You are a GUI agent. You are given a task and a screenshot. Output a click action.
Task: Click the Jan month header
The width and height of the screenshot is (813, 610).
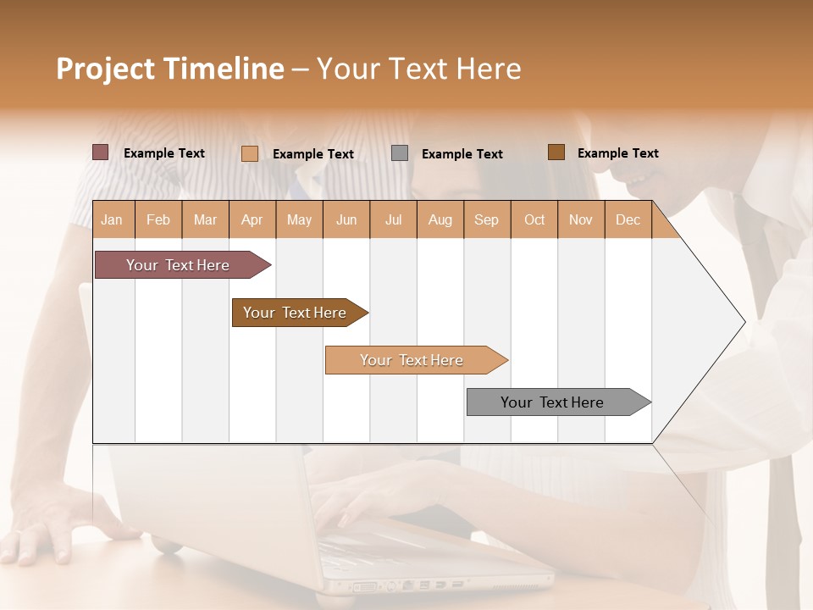click(113, 220)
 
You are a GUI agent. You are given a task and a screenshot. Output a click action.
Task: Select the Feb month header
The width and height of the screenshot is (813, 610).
click(158, 220)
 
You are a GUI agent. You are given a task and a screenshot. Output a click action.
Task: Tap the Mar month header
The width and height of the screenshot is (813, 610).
click(205, 220)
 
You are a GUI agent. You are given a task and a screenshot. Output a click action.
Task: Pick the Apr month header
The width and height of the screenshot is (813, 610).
click(252, 220)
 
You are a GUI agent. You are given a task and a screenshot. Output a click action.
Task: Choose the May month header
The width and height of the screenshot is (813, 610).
click(299, 220)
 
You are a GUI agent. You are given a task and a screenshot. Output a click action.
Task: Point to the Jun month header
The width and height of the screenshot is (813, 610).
click(346, 220)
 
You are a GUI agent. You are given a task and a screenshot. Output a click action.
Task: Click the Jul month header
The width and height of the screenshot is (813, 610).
click(393, 220)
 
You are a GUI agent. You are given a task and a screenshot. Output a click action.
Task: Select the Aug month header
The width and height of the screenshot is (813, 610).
click(440, 220)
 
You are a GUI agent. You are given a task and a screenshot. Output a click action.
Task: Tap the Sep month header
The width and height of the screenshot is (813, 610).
click(487, 220)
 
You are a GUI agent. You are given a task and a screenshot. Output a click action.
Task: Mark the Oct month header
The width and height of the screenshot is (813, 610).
click(534, 220)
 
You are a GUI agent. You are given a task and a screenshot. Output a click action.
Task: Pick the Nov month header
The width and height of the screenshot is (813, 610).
click(581, 220)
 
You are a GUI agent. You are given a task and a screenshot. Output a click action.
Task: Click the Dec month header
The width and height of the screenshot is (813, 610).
click(628, 220)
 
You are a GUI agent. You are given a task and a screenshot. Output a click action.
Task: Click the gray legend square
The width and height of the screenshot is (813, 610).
click(400, 153)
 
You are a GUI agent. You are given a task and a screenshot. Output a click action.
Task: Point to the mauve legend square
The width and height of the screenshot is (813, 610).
click(100, 152)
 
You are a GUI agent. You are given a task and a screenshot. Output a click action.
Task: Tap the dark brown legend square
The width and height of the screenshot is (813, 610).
click(556, 152)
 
